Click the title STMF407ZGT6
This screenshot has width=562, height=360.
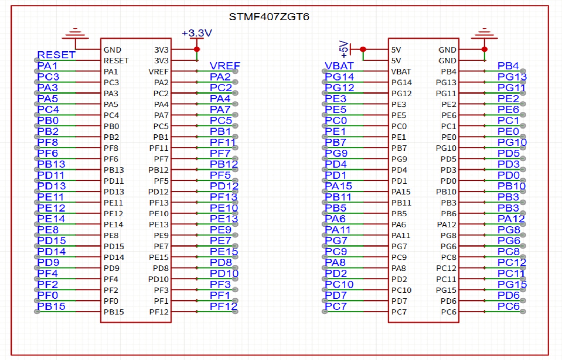coord(269,17)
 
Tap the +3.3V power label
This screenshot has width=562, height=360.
coord(197,33)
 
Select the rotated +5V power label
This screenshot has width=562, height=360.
coord(344,49)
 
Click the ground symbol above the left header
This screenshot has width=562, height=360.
coord(75,34)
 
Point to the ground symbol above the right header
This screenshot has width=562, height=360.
coord(484,34)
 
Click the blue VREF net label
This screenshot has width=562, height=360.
coord(225,66)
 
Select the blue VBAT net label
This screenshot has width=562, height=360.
coord(339,66)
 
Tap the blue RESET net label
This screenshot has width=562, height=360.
coord(56,55)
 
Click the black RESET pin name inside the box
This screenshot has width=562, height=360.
coord(116,61)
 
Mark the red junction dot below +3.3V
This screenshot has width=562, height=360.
coord(197,49)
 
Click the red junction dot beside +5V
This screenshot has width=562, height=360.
coord(363,49)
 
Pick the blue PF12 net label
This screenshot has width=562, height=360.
coord(223,306)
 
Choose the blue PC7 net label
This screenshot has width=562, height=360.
coord(336,306)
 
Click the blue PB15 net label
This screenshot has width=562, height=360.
coord(51,306)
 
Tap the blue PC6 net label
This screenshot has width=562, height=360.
coord(508,306)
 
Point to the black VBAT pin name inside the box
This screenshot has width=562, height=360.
coord(401,72)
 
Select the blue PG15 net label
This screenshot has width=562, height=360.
coord(512,284)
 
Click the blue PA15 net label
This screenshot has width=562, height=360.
coord(338,186)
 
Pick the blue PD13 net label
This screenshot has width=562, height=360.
coord(51,186)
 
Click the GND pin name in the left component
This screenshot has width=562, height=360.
coord(112,50)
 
